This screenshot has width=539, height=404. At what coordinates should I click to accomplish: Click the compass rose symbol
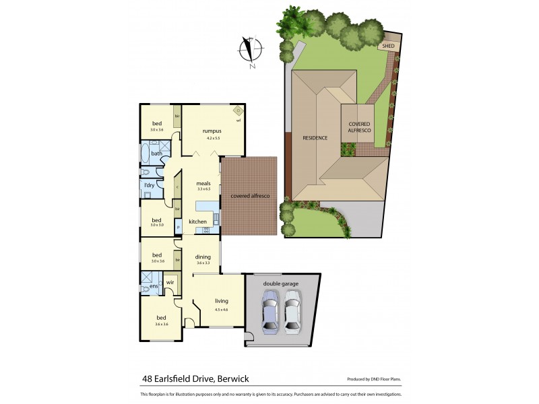coord(251,51)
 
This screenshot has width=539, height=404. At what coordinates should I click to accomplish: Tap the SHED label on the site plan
coord(387,46)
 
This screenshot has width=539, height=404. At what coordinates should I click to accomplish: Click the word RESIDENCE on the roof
coord(315,137)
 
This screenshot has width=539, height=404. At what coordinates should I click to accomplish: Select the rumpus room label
coord(212,131)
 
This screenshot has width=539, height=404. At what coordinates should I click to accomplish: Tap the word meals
coord(204,183)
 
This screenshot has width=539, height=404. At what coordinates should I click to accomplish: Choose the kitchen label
coord(197,222)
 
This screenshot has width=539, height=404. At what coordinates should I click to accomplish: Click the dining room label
coord(203,256)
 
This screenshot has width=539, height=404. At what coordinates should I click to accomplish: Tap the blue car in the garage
coord(269,313)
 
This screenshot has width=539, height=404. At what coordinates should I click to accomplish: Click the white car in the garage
coord(292,313)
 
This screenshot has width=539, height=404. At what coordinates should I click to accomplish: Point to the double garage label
coord(280,283)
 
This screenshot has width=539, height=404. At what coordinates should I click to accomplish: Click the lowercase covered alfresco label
coord(250,195)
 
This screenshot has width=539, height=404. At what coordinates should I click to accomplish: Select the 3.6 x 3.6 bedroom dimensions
coord(161,324)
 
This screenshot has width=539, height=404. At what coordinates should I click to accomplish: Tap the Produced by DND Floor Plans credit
coord(375,379)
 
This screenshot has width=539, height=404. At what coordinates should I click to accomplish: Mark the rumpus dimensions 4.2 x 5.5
coord(214,138)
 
